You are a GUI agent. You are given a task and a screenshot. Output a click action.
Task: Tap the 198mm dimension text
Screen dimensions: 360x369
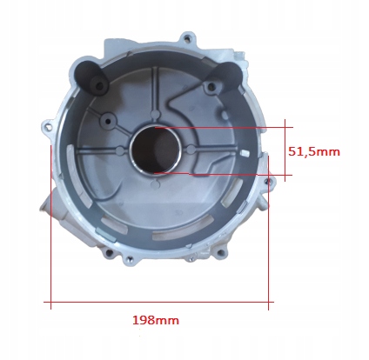(155, 320)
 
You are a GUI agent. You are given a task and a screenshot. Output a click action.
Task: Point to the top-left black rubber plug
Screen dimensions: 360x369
(90, 75)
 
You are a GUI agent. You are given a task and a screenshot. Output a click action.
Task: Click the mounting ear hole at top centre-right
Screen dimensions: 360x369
(184, 39)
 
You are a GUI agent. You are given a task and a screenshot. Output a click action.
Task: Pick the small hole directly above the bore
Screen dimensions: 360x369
(156, 114)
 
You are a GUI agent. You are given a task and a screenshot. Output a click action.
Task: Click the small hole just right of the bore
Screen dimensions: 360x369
(190, 150)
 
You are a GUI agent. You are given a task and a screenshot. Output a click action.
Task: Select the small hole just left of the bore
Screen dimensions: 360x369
(119, 150)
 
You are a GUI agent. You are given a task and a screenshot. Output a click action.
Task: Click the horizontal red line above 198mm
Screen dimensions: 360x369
(157, 303)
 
